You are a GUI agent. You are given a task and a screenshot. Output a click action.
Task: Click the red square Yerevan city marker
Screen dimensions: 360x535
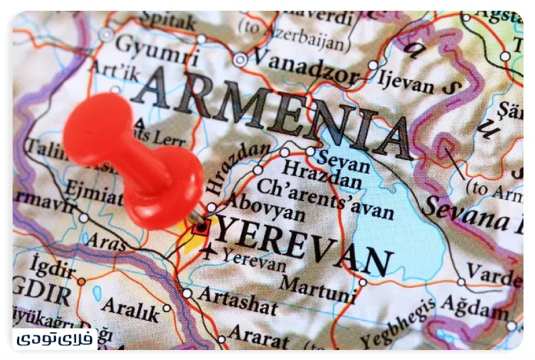coord(201,227)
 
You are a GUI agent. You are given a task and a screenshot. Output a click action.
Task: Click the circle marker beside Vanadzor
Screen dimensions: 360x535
coord(241,59)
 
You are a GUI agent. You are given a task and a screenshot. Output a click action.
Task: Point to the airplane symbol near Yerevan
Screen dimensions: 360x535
coord(207,251)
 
